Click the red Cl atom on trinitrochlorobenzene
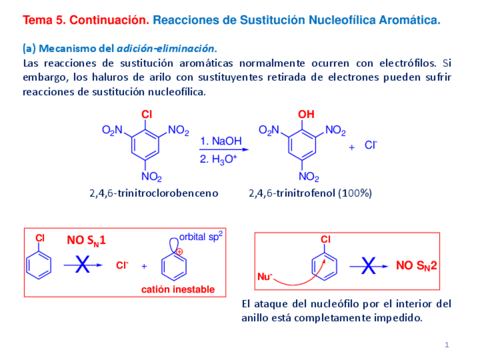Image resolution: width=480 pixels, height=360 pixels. [x=147, y=115]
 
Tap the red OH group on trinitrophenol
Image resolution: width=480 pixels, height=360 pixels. [x=306, y=115]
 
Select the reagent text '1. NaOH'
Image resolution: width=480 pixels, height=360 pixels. [x=221, y=140]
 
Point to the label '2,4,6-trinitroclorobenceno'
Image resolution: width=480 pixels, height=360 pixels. [x=153, y=193]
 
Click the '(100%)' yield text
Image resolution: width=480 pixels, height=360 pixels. [x=355, y=193]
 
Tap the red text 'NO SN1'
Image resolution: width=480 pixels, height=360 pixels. [x=87, y=241]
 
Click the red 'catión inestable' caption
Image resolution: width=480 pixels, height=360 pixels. [x=178, y=289]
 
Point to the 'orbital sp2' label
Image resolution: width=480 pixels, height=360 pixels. [x=201, y=237]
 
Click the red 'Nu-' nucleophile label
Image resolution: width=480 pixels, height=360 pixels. [x=265, y=277]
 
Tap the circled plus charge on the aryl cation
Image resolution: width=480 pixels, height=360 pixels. [x=179, y=251]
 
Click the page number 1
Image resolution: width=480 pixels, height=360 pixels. [x=447, y=345]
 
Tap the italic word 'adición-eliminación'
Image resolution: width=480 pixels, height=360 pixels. [x=166, y=49]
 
